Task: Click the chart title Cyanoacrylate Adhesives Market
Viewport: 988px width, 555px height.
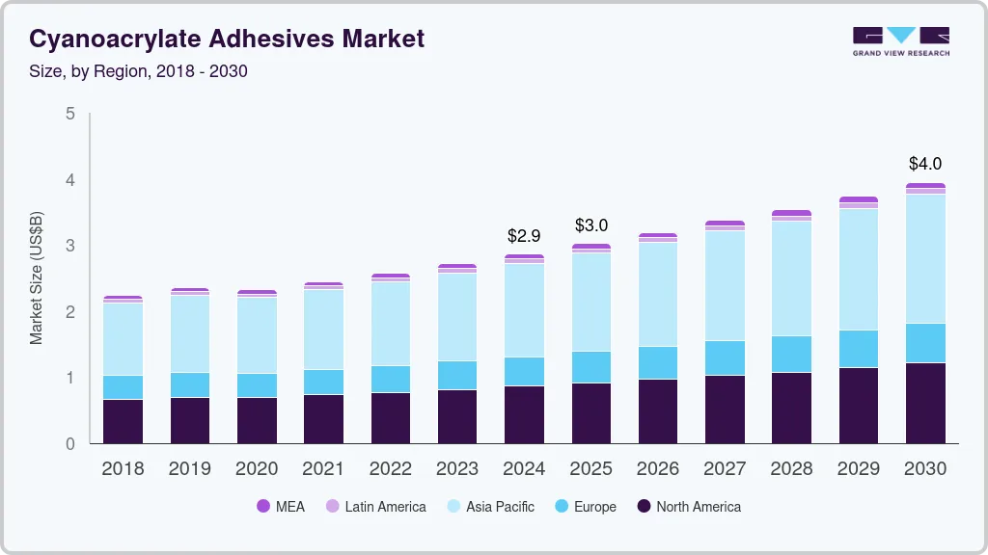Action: point(226,40)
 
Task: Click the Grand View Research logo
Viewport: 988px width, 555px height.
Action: point(900,41)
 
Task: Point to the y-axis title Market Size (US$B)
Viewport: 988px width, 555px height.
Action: point(37,278)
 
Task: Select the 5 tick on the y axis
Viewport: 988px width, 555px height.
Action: point(69,114)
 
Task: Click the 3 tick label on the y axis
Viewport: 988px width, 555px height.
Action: point(69,246)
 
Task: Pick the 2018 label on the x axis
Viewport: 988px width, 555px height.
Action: point(123,469)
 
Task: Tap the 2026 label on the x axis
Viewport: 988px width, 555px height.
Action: point(658,469)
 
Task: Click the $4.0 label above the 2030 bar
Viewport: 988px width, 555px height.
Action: point(925,164)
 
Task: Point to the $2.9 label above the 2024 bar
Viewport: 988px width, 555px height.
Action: point(524,235)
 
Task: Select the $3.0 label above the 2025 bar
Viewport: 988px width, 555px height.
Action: point(590,225)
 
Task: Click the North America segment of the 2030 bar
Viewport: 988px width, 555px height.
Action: point(925,403)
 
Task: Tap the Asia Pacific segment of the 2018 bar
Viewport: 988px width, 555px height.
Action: point(123,339)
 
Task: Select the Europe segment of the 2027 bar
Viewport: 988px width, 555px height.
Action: point(725,357)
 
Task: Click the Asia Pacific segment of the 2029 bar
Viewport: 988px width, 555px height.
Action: point(859,270)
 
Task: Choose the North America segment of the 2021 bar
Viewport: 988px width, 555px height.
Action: point(323,419)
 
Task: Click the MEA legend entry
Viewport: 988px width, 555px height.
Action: point(280,507)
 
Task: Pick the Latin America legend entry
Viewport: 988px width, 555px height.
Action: point(375,507)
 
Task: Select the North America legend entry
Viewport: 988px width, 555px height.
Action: point(689,507)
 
